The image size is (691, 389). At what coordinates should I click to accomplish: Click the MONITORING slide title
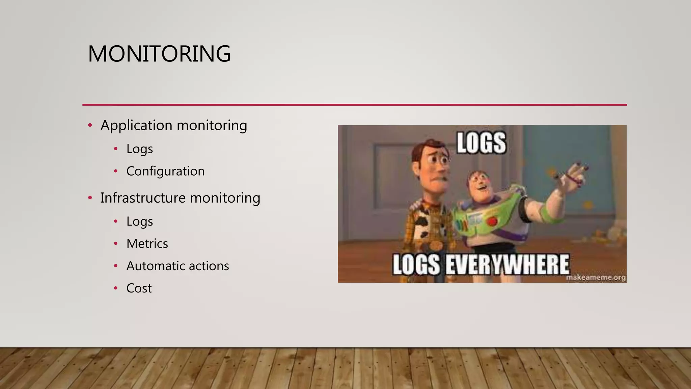click(159, 54)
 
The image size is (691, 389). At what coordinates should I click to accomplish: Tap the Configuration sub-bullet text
click(165, 172)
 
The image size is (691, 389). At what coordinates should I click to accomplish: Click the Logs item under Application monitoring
click(139, 149)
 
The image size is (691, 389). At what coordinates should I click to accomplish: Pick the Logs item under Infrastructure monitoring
click(139, 222)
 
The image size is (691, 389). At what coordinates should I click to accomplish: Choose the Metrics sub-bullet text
click(147, 244)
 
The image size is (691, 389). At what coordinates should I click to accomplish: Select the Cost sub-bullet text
click(139, 288)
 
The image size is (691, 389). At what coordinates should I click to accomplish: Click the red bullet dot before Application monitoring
click(90, 126)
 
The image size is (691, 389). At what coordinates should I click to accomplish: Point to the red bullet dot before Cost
click(116, 288)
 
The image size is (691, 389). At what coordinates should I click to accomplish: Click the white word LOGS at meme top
click(481, 143)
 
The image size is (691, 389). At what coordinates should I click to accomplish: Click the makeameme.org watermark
click(596, 278)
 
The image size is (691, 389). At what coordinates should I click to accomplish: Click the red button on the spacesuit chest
click(492, 221)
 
